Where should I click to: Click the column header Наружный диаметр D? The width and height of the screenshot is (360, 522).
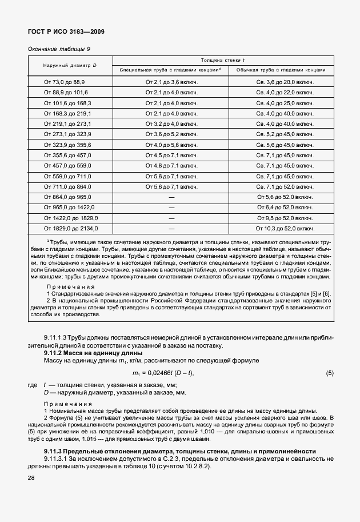70,65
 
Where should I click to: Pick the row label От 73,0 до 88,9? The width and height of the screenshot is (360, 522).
65,82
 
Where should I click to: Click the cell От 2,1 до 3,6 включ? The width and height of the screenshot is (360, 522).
171,82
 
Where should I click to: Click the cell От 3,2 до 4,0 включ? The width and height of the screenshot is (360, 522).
171,123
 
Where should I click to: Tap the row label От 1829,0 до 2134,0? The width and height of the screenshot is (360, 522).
71,228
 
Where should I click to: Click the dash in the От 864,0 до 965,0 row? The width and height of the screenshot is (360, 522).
171,197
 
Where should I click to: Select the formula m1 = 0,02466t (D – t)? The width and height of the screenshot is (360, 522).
171,373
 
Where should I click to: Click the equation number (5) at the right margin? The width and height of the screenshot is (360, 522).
329,373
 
